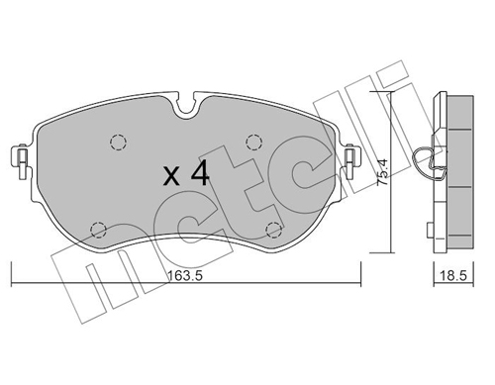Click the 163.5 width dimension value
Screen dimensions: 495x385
[185, 276]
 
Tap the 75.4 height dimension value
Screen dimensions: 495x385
[383, 171]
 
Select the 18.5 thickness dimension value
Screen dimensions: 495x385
[454, 276]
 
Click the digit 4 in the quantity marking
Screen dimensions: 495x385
[200, 174]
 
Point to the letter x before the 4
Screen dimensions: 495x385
[172, 176]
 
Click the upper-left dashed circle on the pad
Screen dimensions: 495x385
[118, 143]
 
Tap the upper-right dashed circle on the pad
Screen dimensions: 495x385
[254, 143]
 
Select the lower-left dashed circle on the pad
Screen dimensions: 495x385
[98, 230]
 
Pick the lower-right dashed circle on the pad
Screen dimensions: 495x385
[274, 230]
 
